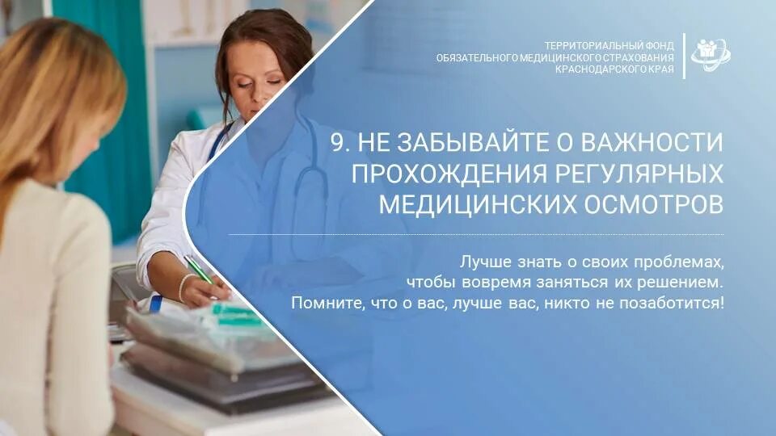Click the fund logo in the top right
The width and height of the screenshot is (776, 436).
[711, 56]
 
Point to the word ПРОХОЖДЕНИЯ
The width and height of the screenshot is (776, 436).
[438, 173]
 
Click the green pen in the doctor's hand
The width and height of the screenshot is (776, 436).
[198, 270]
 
